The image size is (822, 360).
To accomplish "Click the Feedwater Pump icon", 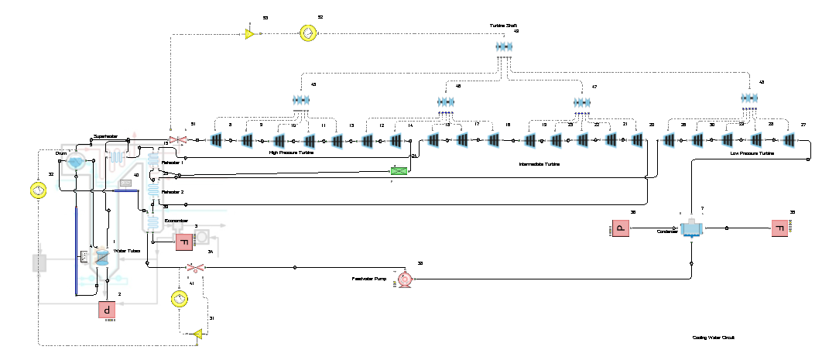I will (404, 279).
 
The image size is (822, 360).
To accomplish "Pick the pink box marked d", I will (106, 310).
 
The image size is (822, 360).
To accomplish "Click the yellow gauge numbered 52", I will (307, 33).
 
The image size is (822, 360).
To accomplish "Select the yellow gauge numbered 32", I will (36, 189).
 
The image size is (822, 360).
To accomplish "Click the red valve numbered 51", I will (179, 139).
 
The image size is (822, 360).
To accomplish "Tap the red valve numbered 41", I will (195, 268).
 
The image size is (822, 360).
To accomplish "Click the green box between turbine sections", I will (399, 170).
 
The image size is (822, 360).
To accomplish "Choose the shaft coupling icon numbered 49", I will (505, 47).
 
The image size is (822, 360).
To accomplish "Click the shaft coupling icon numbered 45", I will (301, 100).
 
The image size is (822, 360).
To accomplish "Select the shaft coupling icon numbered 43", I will (748, 98).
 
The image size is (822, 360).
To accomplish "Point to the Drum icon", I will (76, 160).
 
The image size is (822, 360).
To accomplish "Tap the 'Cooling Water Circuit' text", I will (713, 338).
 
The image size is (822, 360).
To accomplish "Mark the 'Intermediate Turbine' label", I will (539, 164).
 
